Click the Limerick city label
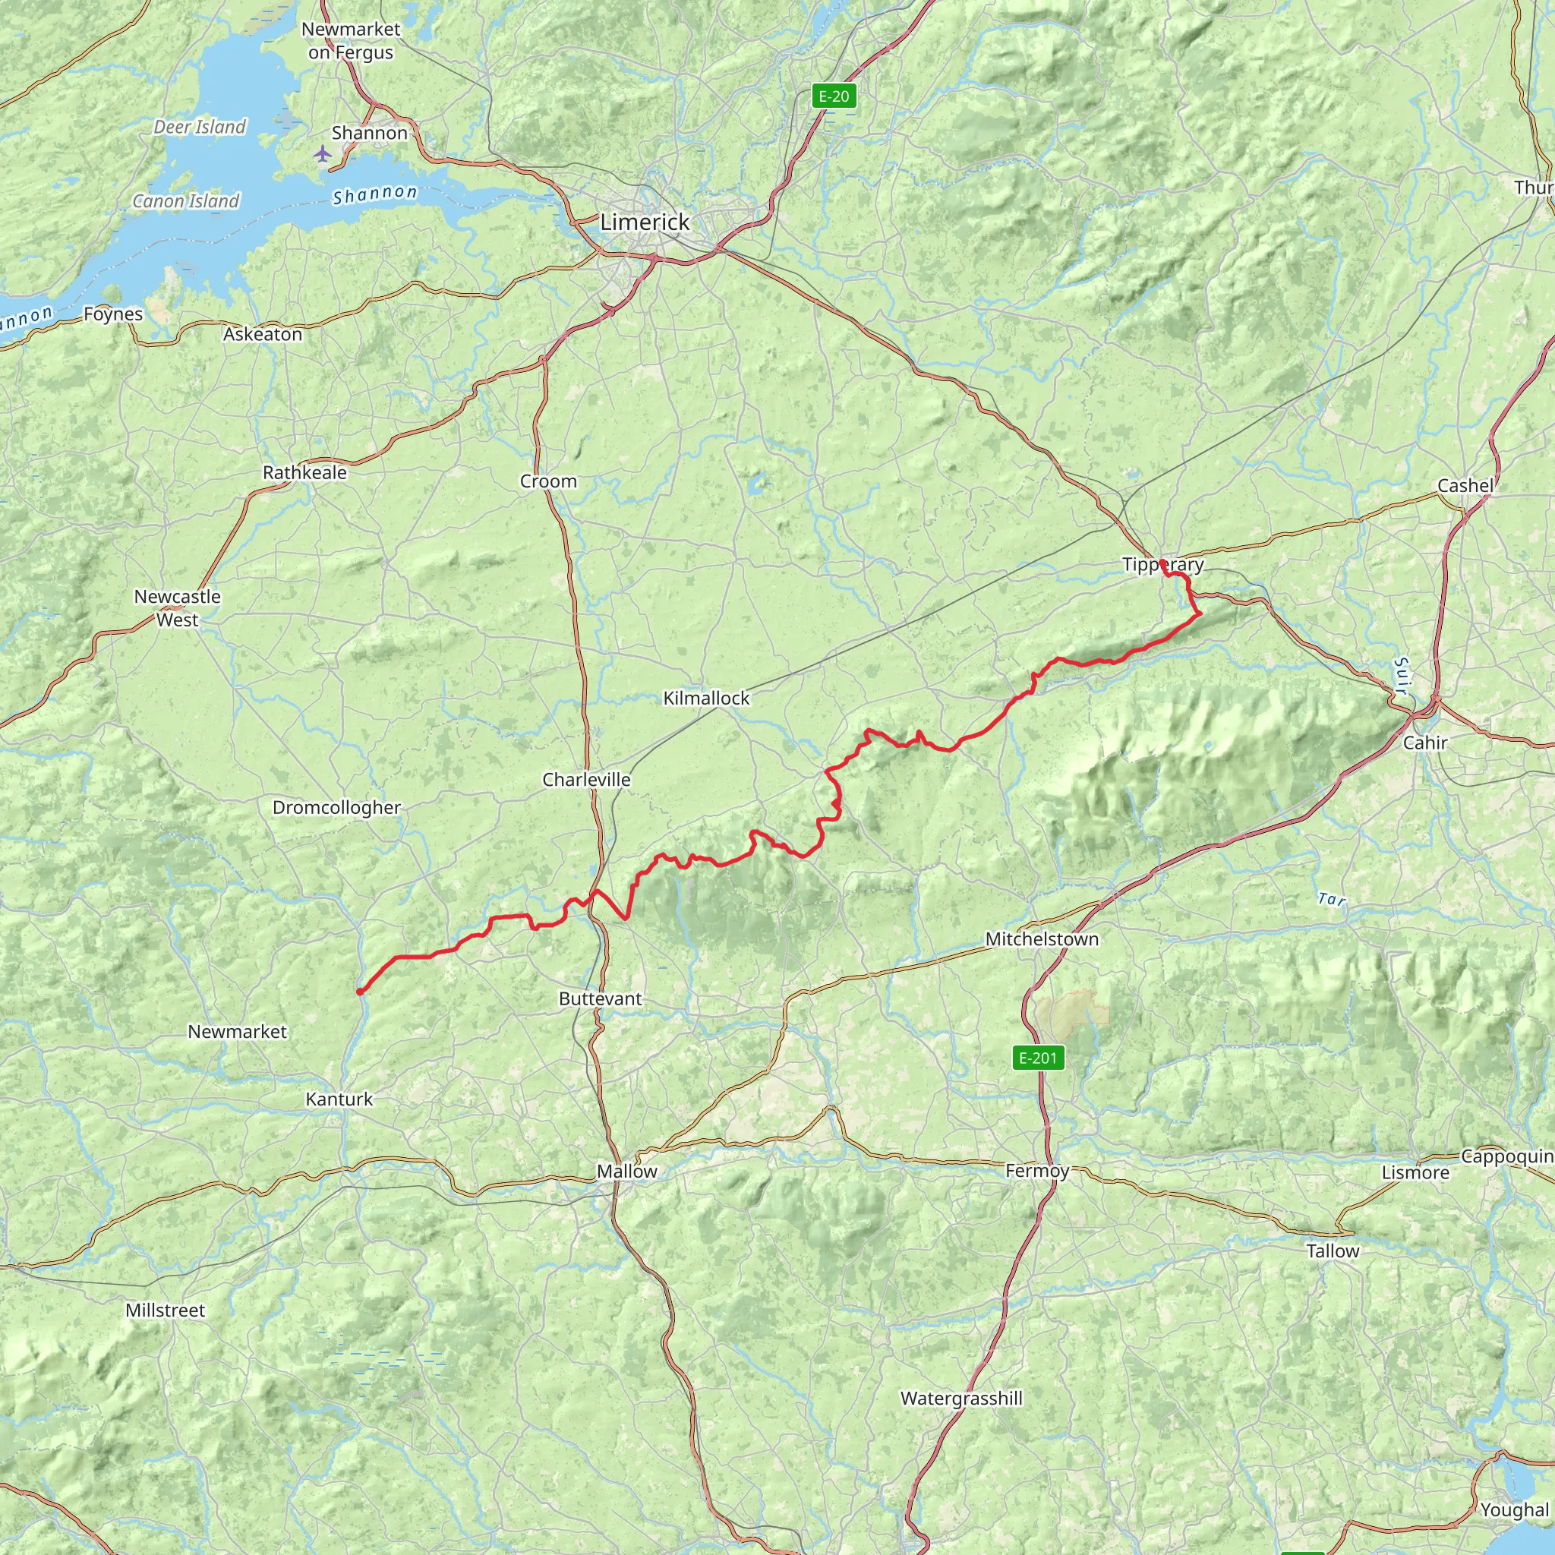point(645,222)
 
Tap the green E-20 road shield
point(833,96)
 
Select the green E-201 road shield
point(1037,1058)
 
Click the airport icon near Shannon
point(323,153)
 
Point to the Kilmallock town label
point(706,698)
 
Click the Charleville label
point(586,779)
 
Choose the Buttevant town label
point(601,998)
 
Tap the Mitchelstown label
point(1042,938)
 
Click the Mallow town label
point(626,1171)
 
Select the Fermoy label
point(1036,1170)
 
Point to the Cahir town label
point(1424,742)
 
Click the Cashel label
point(1465,485)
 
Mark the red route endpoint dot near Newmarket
point(360,992)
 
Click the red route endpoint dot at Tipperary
point(1162,563)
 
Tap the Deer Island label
point(200,127)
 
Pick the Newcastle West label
point(177,607)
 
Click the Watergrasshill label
point(961,1398)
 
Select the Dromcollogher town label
point(336,807)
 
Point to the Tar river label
point(1331,899)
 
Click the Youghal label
point(1514,1510)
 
